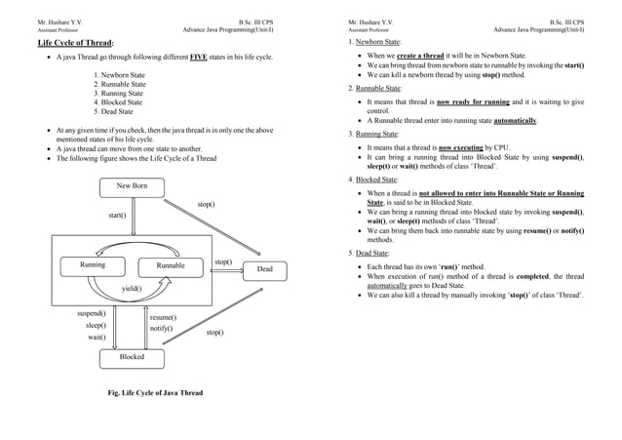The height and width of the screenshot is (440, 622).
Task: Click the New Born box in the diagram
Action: pos(133,186)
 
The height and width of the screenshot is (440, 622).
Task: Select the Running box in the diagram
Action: pos(93,265)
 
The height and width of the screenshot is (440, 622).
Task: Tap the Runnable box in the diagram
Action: pos(171,265)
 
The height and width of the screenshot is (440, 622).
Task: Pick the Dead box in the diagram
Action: pos(264,268)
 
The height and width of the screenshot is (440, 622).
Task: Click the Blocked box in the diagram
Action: pos(132,357)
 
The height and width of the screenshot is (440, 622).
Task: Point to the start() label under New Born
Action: pos(116,215)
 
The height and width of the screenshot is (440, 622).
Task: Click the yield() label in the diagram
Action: pos(132,289)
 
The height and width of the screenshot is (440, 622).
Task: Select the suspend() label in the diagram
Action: pos(92,314)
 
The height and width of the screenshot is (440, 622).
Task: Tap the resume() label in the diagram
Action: pos(163,317)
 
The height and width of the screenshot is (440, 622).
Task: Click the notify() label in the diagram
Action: pos(161,329)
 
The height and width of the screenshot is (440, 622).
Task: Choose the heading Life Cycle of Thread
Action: pos(75,44)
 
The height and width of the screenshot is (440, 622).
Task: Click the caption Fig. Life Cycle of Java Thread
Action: pos(156,393)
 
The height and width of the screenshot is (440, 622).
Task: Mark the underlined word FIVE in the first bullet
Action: pos(199,59)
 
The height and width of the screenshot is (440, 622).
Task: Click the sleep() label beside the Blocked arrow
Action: pos(96,325)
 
